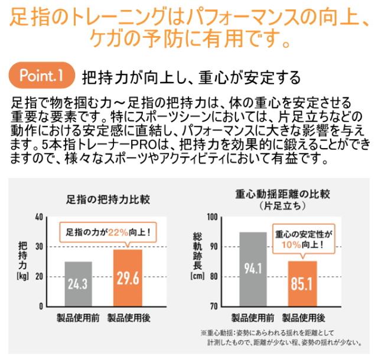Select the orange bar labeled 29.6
(128, 278)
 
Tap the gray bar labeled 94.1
(252, 269)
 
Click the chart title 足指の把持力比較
(108, 200)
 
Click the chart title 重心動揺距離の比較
(282, 194)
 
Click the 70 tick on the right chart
(214, 306)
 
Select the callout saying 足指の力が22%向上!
(107, 232)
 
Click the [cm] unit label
(196, 275)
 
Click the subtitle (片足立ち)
(282, 206)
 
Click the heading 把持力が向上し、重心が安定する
(191, 77)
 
